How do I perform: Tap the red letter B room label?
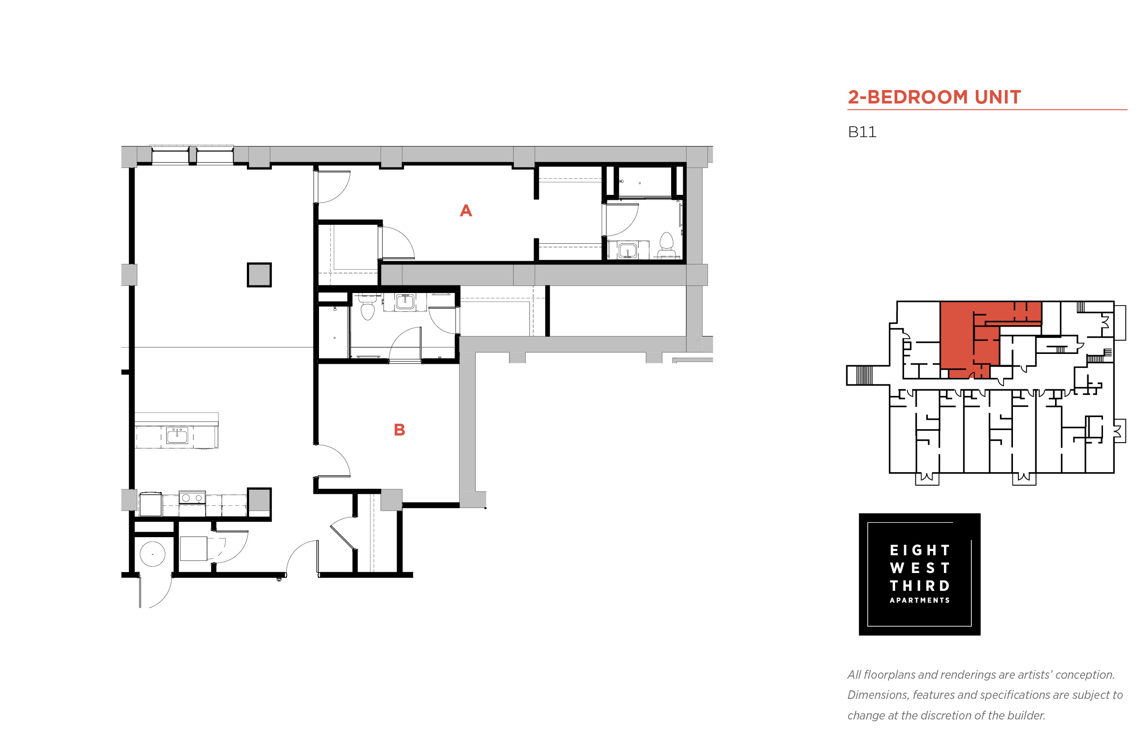coord(399,430)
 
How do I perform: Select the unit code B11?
coord(862,132)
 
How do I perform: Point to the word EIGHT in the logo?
coord(919,550)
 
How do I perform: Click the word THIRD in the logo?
coord(919,586)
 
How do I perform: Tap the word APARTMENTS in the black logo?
coord(919,600)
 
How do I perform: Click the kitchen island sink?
coord(177,436)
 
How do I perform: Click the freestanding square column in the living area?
coord(259,275)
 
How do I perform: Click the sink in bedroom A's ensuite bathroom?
coord(627,250)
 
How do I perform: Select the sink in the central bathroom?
coord(405,302)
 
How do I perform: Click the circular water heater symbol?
coord(152,554)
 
